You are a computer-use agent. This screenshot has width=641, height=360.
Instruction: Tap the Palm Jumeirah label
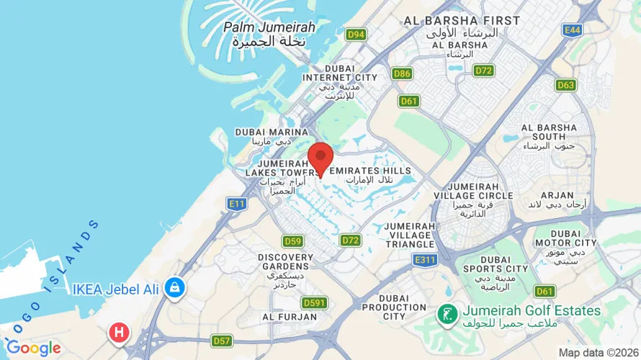click(269, 34)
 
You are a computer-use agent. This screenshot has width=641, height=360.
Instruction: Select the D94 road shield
click(355, 34)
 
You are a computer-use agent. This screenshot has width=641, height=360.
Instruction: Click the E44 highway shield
click(573, 30)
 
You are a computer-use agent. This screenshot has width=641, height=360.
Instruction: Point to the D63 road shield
click(565, 85)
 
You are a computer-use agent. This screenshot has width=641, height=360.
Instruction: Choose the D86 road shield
click(402, 73)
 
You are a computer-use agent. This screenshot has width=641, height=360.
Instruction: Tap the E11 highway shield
click(237, 204)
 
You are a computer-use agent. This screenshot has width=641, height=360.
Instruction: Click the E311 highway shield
click(424, 258)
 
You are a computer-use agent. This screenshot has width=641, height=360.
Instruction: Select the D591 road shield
click(315, 302)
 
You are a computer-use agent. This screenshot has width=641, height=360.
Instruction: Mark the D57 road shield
click(222, 339)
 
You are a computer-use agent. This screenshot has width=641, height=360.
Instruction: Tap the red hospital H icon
click(117, 333)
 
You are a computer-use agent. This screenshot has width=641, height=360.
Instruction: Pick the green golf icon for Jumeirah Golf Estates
click(447, 313)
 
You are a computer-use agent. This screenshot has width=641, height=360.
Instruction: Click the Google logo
click(33, 348)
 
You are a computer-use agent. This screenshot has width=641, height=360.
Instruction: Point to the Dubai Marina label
click(272, 137)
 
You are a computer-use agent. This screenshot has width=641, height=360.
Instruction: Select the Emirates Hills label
click(370, 175)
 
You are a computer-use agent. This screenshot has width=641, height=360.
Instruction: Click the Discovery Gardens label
click(286, 270)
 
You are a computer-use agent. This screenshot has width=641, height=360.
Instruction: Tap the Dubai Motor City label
click(573, 243)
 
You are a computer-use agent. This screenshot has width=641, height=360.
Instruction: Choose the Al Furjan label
click(290, 316)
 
